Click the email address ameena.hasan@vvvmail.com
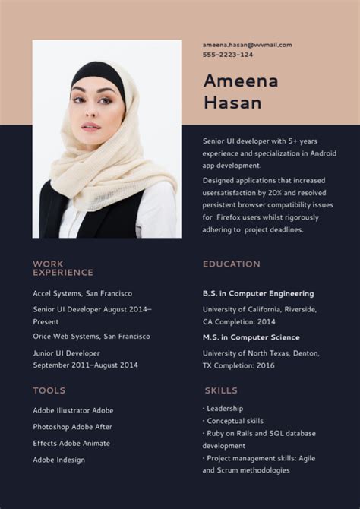pos(247,45)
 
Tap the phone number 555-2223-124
pos(228,55)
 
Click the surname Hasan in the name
pos(232,103)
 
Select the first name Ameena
pos(241,81)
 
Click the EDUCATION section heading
pos(232,264)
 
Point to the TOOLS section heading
pos(49,390)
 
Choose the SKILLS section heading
pos(221,390)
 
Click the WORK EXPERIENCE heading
pos(63,268)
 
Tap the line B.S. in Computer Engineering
pos(258,293)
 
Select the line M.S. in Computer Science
pos(251,337)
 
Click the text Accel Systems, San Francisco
pos(82,293)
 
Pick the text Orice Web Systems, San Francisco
pos(91,336)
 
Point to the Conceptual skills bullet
pos(235,421)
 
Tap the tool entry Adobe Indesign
pos(58,460)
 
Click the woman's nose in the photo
pos(88,112)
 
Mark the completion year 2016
pos(265,365)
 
